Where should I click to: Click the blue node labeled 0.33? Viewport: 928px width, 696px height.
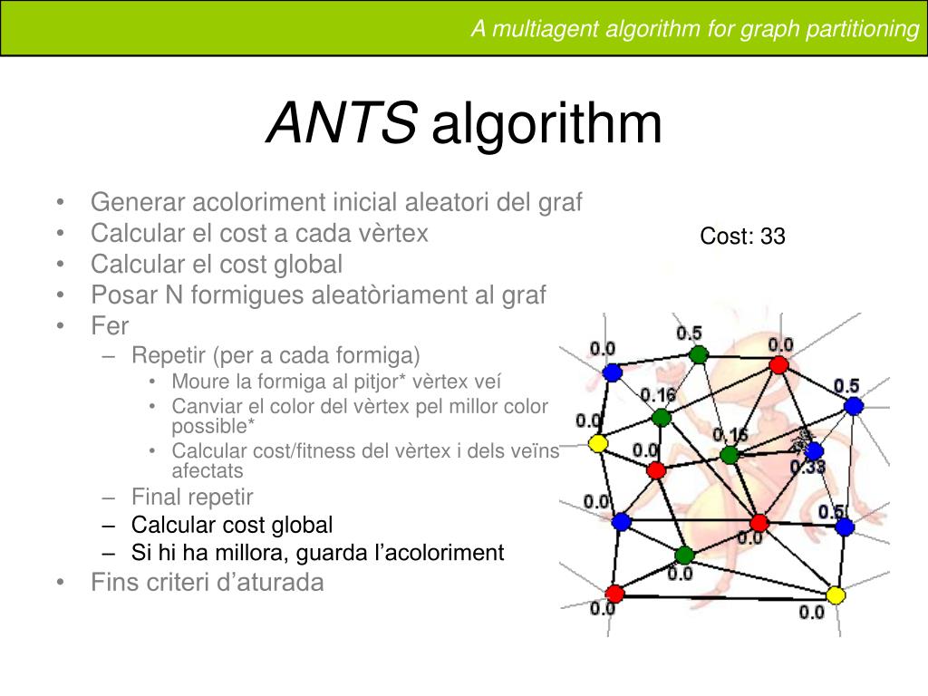(814, 450)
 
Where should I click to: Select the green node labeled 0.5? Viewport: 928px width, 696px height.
(696, 354)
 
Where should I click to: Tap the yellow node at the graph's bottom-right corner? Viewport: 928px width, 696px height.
(836, 594)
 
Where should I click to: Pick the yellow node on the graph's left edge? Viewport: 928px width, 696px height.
(597, 443)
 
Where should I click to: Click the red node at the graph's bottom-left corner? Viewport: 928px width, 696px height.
(615, 594)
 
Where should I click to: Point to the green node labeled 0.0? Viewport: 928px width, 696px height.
(684, 555)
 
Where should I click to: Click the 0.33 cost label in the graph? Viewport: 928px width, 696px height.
(807, 468)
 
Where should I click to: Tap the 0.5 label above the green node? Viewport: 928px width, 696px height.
(690, 333)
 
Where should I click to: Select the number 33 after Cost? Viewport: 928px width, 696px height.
(773, 237)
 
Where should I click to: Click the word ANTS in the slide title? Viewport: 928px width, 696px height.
(342, 124)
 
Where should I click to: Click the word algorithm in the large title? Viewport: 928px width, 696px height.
(547, 125)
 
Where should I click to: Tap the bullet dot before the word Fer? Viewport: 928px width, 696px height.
(59, 325)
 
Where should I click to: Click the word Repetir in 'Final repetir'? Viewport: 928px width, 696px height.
(221, 497)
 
